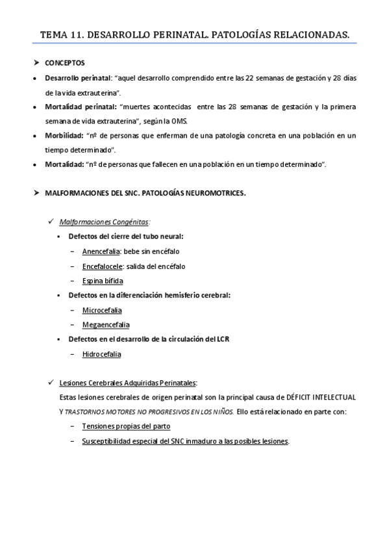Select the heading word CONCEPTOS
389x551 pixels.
coord(64,64)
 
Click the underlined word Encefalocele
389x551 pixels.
coord(101,266)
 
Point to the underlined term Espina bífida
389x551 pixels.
coord(102,281)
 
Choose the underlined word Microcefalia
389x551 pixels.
coord(101,310)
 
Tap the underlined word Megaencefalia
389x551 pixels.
coord(105,324)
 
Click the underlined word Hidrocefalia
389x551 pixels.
coord(101,354)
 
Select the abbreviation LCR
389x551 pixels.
coord(223,339)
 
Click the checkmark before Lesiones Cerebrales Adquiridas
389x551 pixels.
coord(51,382)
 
